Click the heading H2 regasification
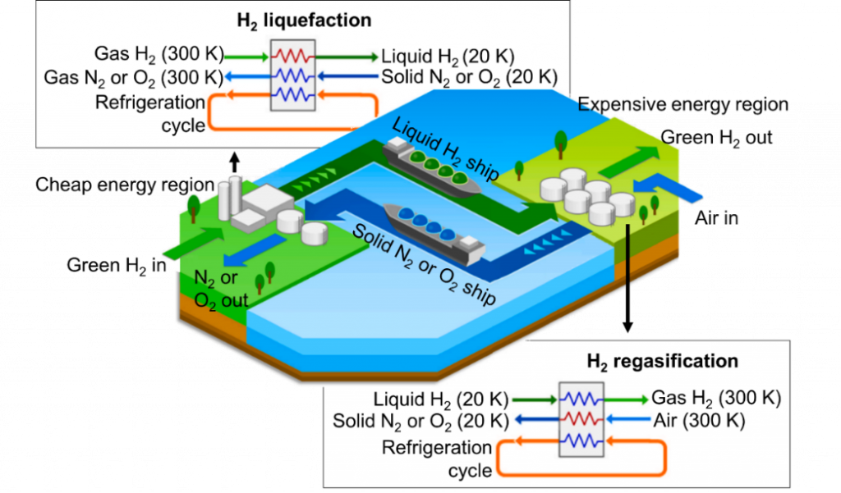click(661, 361)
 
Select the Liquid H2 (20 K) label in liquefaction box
click(448, 57)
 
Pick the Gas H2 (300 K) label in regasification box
click(715, 399)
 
